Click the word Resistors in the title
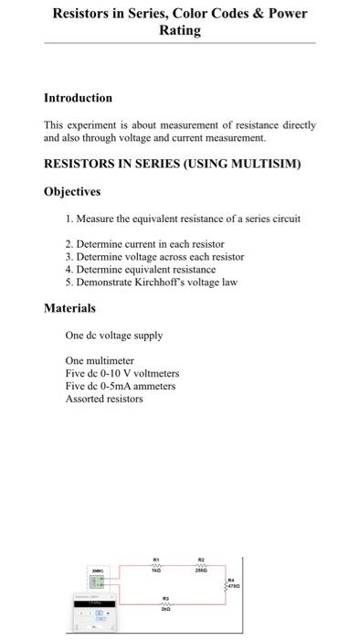pos(83,14)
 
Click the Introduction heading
pos(78,98)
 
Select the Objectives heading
pos(72,192)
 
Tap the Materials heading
pos(69,309)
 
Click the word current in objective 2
pos(147,244)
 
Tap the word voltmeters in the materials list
pos(155,373)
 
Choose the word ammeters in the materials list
pos(152,386)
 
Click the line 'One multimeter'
pos(100,360)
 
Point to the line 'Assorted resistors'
pos(104,399)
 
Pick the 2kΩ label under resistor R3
pos(165,608)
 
